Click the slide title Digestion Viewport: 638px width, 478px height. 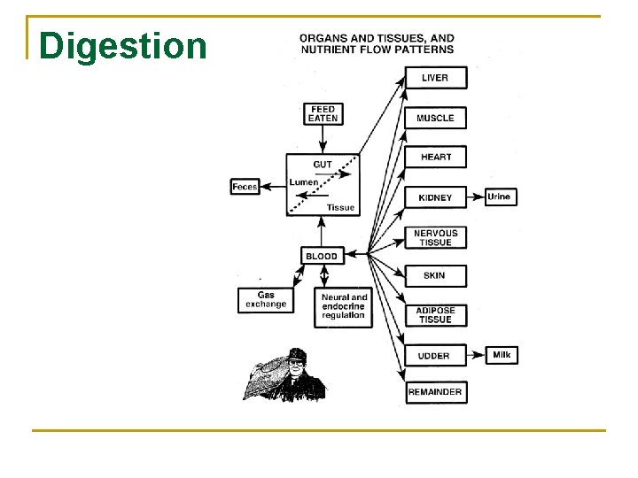[123, 45]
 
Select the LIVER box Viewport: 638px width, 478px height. [435, 78]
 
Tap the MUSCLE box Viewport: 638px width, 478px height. [435, 118]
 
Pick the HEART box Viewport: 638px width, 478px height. [435, 158]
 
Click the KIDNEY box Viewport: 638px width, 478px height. [435, 197]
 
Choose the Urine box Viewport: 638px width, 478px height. [499, 197]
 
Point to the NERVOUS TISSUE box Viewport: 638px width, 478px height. [435, 237]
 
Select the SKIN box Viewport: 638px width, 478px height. [435, 275]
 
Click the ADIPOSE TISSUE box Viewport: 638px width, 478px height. [435, 315]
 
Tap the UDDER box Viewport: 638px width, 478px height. [435, 356]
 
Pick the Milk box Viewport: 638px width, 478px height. [502, 355]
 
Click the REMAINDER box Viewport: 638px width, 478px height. [435, 391]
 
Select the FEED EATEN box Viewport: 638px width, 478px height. [323, 114]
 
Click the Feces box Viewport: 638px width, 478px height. [245, 187]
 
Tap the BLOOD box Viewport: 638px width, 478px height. [322, 256]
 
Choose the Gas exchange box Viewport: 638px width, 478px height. [266, 300]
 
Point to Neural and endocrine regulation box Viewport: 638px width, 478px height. [344, 306]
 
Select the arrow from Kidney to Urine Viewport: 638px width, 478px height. [475, 197]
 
